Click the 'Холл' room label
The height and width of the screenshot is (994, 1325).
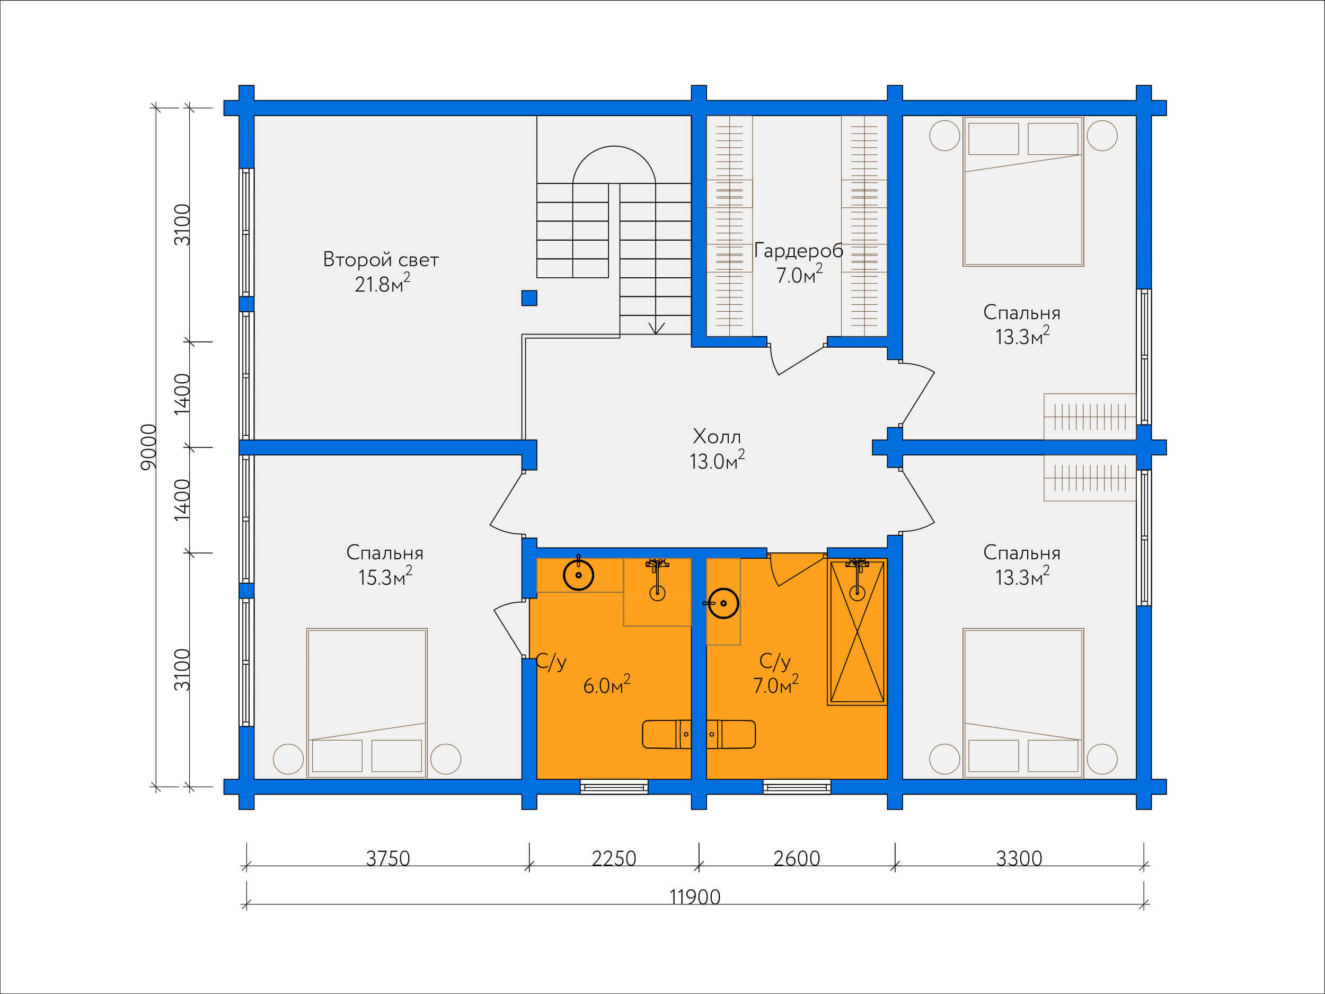pyautogui.click(x=717, y=436)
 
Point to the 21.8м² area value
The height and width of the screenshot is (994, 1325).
pyautogui.click(x=382, y=284)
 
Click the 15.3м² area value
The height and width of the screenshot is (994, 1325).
pyautogui.click(x=385, y=576)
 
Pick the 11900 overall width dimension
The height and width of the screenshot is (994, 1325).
pyautogui.click(x=695, y=897)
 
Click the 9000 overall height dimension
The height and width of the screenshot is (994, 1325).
pyautogui.click(x=148, y=447)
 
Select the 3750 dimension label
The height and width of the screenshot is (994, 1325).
pyautogui.click(x=388, y=859)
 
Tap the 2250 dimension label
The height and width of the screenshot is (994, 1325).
pyautogui.click(x=614, y=859)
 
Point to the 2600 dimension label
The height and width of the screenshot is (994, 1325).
pyautogui.click(x=797, y=859)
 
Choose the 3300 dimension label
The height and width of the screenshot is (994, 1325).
pyautogui.click(x=1019, y=859)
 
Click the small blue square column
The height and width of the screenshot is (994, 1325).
pyautogui.click(x=529, y=298)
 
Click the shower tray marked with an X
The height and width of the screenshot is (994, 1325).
pyautogui.click(x=857, y=631)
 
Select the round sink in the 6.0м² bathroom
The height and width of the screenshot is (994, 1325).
pyautogui.click(x=579, y=575)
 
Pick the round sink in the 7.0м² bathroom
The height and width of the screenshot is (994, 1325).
pyautogui.click(x=723, y=603)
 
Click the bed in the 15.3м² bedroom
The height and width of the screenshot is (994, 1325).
pyautogui.click(x=367, y=703)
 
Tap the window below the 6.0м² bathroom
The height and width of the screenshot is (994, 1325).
pyautogui.click(x=614, y=787)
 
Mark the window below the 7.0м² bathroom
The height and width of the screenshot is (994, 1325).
pyautogui.click(x=797, y=787)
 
